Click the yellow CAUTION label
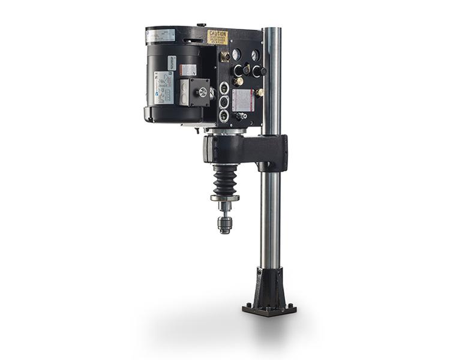coord(217,37)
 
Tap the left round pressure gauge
coord(236,55)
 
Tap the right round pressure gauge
coord(255,55)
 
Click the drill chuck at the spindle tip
coord(225,224)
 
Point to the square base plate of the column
coord(269,310)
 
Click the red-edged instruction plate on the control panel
coord(242,100)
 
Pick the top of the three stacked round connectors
coord(224,88)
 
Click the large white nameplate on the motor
coord(163,87)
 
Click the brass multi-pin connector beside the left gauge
coord(225,57)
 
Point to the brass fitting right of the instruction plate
coord(259,93)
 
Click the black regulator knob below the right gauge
coord(259,71)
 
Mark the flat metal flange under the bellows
coord(224,197)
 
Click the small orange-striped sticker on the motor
coord(188,70)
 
